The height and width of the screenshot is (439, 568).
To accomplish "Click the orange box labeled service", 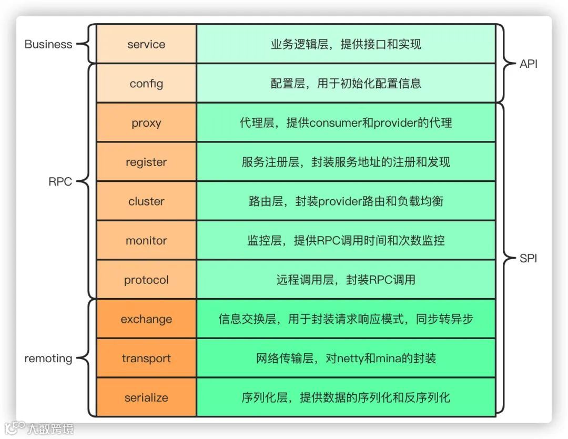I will [x=146, y=44].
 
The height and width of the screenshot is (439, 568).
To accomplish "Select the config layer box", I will [x=146, y=84].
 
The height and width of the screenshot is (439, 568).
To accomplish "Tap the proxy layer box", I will [x=146, y=123].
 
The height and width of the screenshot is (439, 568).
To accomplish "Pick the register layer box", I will [x=146, y=162].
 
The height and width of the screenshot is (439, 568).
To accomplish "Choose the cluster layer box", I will [x=146, y=201].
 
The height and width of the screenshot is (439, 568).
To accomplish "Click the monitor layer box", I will [x=146, y=241].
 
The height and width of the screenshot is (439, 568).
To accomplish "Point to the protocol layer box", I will [x=146, y=280].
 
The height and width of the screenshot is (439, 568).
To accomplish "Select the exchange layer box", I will [x=146, y=319].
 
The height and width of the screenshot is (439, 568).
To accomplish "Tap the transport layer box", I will [x=146, y=359].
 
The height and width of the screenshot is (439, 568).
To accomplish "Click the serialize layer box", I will [x=146, y=397].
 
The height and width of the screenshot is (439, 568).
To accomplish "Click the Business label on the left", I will [x=48, y=44].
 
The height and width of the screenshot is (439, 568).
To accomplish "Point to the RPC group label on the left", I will [x=60, y=182].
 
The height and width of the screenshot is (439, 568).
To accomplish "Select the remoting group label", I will [x=48, y=359].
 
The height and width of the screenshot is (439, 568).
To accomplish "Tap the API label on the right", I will [x=528, y=64].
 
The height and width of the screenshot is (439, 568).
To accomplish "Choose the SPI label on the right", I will [x=528, y=259].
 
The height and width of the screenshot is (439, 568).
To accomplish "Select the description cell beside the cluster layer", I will [x=346, y=201].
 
